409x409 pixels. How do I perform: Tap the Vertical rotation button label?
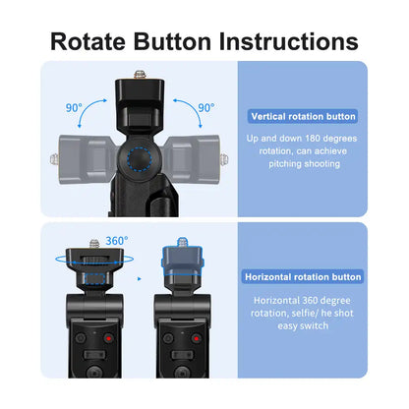tap(304, 116)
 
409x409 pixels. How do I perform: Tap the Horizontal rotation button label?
tap(304, 277)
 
